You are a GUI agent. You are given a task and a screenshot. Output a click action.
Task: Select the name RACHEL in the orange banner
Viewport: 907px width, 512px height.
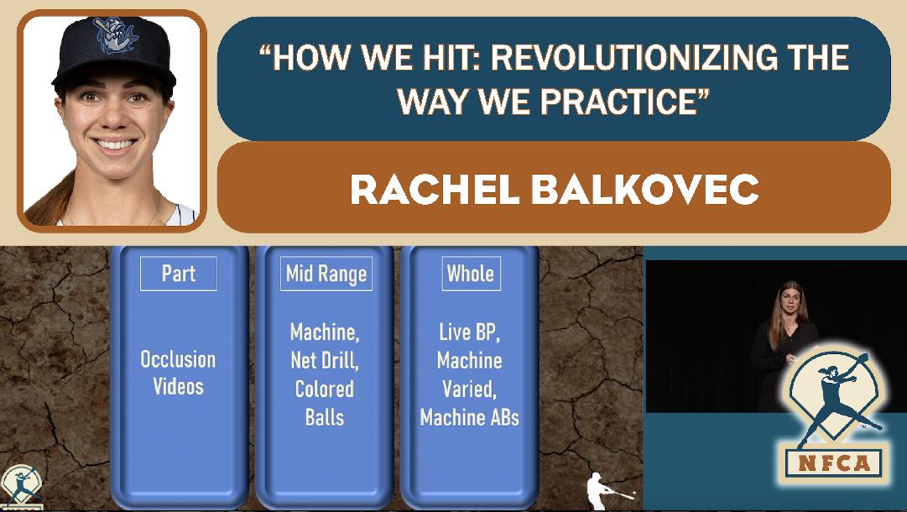(x=435, y=189)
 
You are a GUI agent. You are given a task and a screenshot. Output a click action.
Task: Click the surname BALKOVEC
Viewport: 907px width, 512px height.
(x=644, y=189)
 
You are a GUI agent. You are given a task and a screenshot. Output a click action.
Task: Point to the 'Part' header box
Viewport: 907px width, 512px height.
(x=179, y=274)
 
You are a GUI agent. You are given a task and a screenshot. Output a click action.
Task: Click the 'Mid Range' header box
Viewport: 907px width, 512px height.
(x=326, y=274)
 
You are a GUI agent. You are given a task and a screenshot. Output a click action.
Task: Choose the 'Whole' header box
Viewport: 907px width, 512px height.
(x=470, y=274)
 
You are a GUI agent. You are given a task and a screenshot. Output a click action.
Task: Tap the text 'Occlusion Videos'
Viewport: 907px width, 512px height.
(x=178, y=373)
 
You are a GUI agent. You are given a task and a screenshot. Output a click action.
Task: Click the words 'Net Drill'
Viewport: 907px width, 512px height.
(x=325, y=360)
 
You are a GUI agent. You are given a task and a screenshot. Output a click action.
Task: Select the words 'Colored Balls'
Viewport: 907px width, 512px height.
(x=325, y=403)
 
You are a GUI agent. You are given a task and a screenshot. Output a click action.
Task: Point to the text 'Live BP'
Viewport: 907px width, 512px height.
(x=470, y=332)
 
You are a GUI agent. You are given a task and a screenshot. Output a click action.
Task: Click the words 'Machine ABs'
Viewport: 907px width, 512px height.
(x=470, y=417)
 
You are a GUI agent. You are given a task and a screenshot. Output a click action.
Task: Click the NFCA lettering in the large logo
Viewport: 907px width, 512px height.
(x=833, y=463)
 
